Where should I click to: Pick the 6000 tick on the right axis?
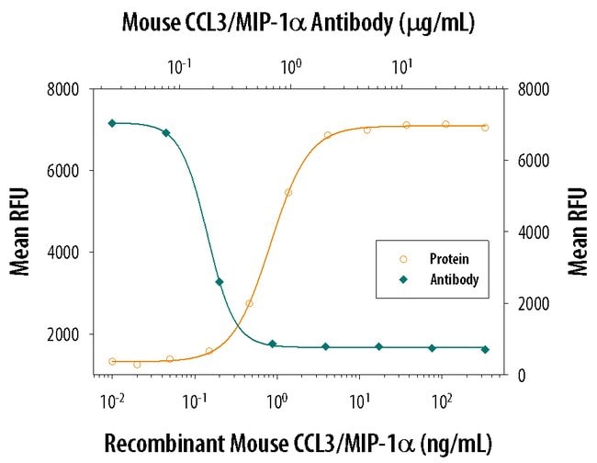tap(533, 161)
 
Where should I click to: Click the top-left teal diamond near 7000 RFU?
tap(112, 123)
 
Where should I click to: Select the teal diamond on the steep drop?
tap(220, 282)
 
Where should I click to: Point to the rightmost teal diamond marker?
tap(485, 349)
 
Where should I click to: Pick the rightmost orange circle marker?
tap(485, 128)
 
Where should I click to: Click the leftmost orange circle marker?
tap(112, 361)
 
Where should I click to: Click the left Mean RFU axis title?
tap(19, 231)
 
